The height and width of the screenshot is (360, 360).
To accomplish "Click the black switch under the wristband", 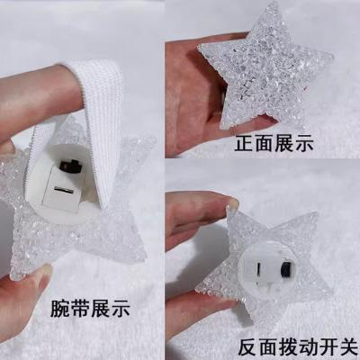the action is click(x=71, y=166).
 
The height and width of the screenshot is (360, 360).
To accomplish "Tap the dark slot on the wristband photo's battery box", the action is click(x=63, y=190).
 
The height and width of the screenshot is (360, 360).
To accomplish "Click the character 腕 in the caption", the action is click(x=60, y=308).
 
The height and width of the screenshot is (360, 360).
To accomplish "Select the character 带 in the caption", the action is click(x=80, y=308).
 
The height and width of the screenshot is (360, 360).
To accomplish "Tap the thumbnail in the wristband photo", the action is click(x=44, y=272).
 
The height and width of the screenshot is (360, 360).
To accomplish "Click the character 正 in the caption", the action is click(x=245, y=143).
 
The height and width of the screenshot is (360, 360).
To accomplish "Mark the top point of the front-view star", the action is click(x=272, y=3).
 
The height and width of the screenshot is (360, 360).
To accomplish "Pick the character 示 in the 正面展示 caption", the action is click(x=303, y=143).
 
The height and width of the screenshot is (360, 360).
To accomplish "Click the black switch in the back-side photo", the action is click(x=286, y=269).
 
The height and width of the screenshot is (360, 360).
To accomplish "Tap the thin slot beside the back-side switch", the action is click(x=257, y=268).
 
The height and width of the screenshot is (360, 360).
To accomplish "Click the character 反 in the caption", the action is click(x=247, y=347).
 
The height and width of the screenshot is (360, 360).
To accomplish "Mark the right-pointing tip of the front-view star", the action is click(x=332, y=57).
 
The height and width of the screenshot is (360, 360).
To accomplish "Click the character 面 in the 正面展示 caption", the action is click(x=265, y=143).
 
